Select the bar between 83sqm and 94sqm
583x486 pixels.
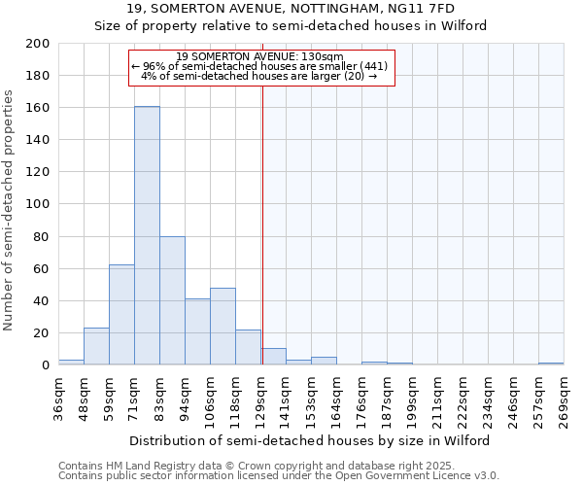172,300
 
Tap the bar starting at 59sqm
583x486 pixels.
121,315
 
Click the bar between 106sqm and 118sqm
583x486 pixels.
223,327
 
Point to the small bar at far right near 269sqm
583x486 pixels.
551,364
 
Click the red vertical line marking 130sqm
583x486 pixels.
262,243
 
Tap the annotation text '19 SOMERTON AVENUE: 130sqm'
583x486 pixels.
259,56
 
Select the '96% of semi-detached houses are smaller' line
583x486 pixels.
259,66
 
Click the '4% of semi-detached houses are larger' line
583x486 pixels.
259,76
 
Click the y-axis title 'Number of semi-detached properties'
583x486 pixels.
10,209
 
